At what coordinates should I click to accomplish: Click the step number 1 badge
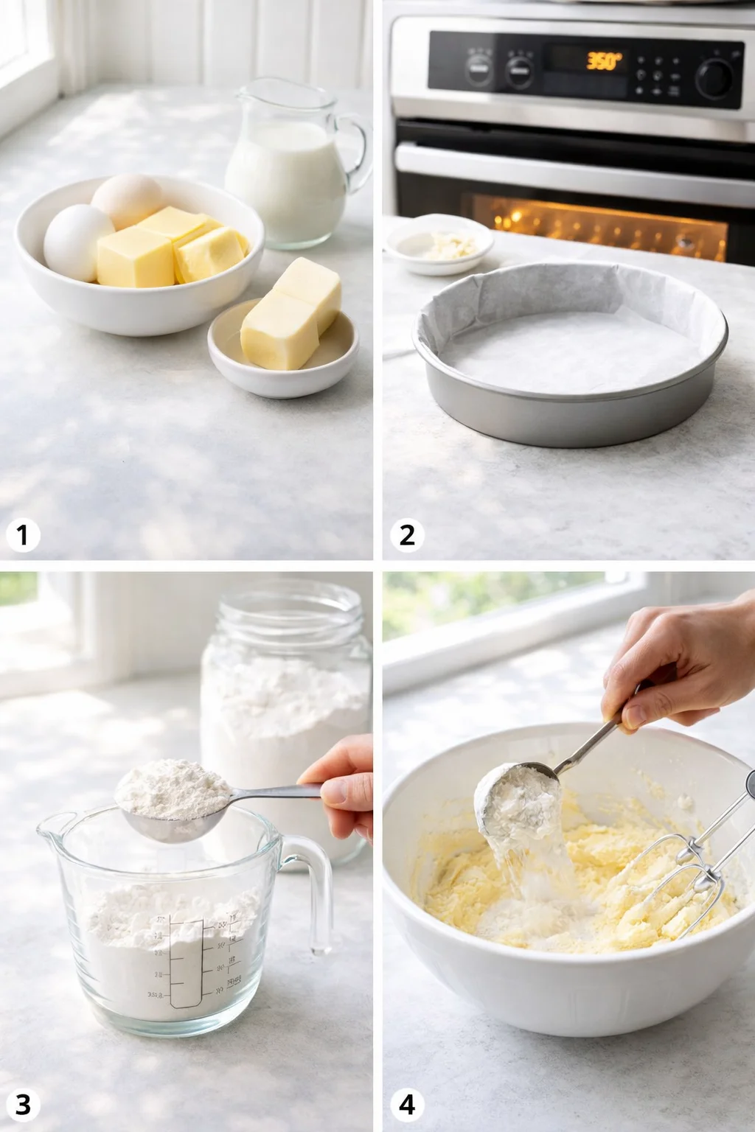(x=23, y=535)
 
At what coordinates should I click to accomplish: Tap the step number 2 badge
(x=407, y=535)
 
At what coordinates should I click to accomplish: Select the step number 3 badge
(x=23, y=1104)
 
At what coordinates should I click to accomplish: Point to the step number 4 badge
(x=407, y=1104)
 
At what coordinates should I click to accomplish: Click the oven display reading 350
(x=604, y=60)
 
